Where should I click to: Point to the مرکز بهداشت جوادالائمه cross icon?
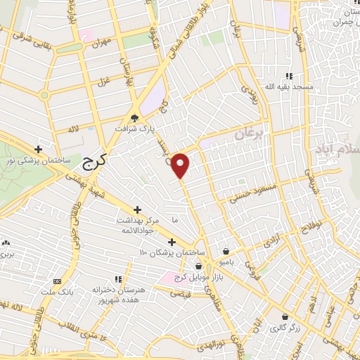click(x=136, y=210)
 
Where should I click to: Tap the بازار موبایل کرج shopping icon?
click(x=199, y=266)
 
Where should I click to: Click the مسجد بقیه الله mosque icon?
click(x=288, y=76)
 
